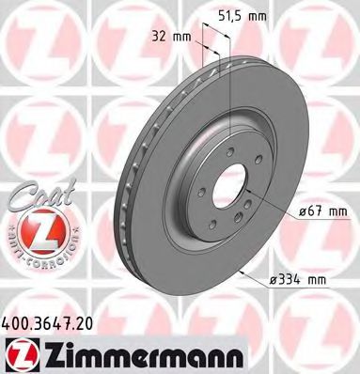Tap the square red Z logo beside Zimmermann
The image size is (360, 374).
point(18,350)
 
